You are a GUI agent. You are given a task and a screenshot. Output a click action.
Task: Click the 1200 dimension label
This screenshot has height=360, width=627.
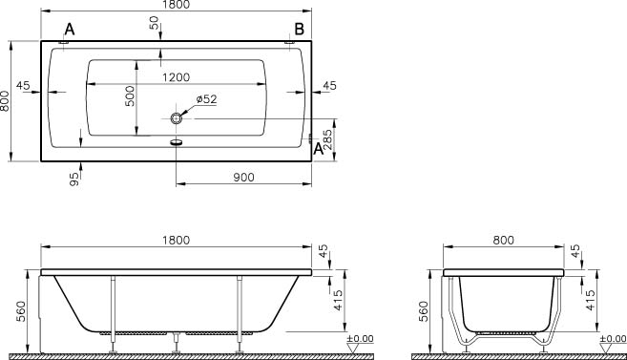tap(176, 76)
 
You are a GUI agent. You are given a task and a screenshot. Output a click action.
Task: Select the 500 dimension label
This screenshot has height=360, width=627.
tap(130, 96)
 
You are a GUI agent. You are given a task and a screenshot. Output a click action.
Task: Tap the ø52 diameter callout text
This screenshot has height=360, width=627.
tap(206, 98)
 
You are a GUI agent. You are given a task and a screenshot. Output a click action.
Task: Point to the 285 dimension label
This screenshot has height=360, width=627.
tap(327, 139)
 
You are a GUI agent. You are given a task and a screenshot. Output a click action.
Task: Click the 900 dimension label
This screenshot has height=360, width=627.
tap(243, 178)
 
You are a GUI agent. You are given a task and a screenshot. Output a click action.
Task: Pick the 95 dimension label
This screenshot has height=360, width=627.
tap(74, 180)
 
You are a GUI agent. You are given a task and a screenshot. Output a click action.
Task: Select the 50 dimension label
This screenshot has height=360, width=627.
tap(154, 23)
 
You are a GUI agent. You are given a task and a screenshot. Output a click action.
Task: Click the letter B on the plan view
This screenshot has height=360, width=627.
tap(299, 30)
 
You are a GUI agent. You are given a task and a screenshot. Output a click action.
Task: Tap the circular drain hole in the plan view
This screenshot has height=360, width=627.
tap(176, 118)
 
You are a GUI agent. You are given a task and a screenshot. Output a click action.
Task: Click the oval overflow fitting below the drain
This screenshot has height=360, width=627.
tap(176, 141)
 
